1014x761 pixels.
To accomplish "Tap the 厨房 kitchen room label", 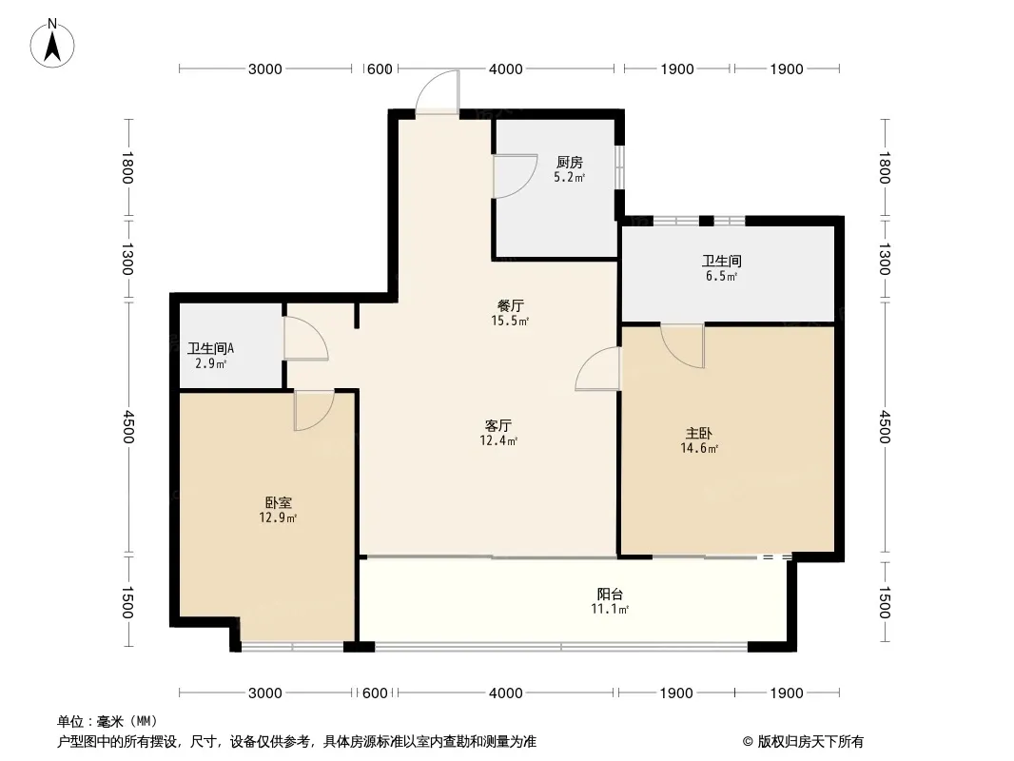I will click(570, 162).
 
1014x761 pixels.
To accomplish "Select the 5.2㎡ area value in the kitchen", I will click(570, 177).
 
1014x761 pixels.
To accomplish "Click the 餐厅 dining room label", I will click(511, 305).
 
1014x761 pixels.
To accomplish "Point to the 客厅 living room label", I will click(498, 425).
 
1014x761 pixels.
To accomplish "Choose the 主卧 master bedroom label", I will click(699, 433).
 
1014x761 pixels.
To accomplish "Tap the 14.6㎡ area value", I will click(699, 448).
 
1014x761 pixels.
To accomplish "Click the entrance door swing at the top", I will click(436, 95).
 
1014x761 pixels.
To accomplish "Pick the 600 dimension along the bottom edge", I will click(376, 693).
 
